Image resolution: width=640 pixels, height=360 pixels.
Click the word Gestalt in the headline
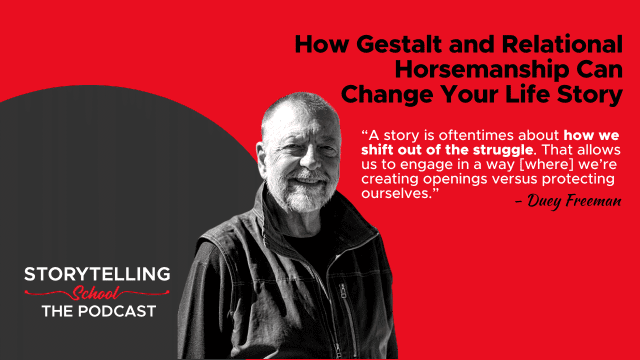point(394,44)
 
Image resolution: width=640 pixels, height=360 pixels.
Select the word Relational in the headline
point(562,44)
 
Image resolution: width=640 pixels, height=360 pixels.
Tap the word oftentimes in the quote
point(478,135)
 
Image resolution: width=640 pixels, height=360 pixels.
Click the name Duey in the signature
point(538,201)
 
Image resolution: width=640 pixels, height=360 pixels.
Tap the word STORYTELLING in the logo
point(97,274)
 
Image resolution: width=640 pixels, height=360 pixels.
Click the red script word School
point(96,293)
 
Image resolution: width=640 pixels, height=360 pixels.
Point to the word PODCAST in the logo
point(117,311)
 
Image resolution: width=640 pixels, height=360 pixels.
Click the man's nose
point(310,161)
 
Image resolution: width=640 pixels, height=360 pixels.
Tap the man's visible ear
point(261,157)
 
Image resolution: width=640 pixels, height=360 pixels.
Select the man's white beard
point(303,193)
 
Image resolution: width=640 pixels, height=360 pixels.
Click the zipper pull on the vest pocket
point(343,291)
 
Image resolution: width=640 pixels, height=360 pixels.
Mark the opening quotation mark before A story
point(364,133)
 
